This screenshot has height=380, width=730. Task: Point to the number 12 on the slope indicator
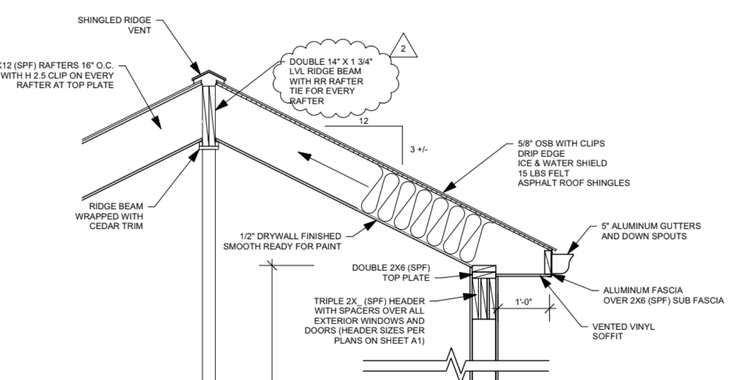point(362,121)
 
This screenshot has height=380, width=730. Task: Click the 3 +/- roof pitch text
point(419,151)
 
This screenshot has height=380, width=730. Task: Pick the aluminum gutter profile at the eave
point(563,261)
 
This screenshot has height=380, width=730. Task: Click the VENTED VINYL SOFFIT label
point(623,332)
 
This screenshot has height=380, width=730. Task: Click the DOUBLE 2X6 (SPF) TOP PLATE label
point(391,272)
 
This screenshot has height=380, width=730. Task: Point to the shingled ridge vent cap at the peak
point(208,77)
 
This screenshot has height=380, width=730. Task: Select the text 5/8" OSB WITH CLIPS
point(561,143)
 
